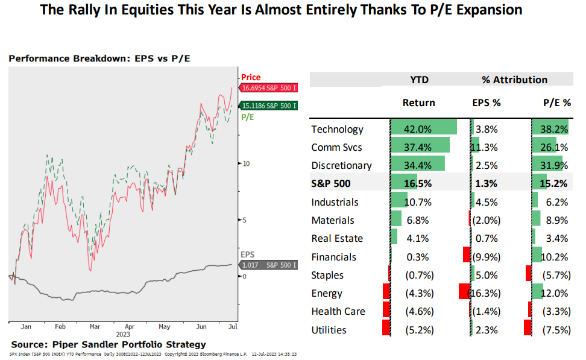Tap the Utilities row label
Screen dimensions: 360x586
coord(329,330)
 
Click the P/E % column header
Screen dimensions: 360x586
coord(557,103)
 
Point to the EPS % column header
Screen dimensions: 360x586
coord(487,103)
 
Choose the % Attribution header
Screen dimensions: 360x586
coord(514,80)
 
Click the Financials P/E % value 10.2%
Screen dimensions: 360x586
coord(555,257)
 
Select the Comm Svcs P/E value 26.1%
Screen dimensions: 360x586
coord(555,148)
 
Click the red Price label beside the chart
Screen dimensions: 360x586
coord(251,77)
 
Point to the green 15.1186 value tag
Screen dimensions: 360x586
coord(268,106)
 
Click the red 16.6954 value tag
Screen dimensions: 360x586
coord(268,88)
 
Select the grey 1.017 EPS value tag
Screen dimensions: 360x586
coord(268,265)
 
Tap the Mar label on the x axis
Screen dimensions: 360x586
coord(94,326)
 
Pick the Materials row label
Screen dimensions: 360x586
coord(333,221)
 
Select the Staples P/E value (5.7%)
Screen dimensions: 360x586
coord(555,276)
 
